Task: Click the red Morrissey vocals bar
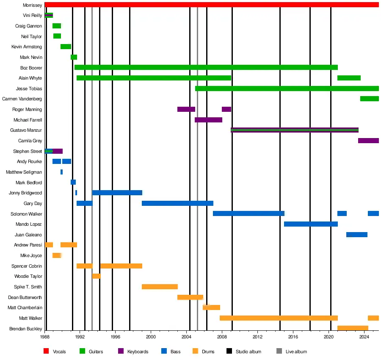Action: tap(212, 5)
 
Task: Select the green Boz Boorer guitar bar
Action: tap(206, 67)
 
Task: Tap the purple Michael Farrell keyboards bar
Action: tap(208, 120)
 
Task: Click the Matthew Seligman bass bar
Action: tap(61, 172)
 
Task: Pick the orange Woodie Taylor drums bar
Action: tap(97, 276)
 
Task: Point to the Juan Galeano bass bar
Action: tap(356, 235)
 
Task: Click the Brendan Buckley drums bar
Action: tap(353, 328)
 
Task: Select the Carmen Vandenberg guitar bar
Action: tap(369, 99)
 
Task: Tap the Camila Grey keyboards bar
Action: tap(368, 141)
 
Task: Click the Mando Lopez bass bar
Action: tap(311, 224)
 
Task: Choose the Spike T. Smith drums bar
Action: tap(160, 287)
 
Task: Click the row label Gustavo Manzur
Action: tap(26, 130)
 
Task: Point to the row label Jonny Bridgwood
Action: tap(25, 193)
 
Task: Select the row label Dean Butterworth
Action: tap(25, 297)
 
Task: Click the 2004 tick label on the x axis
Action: tap(187, 337)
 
